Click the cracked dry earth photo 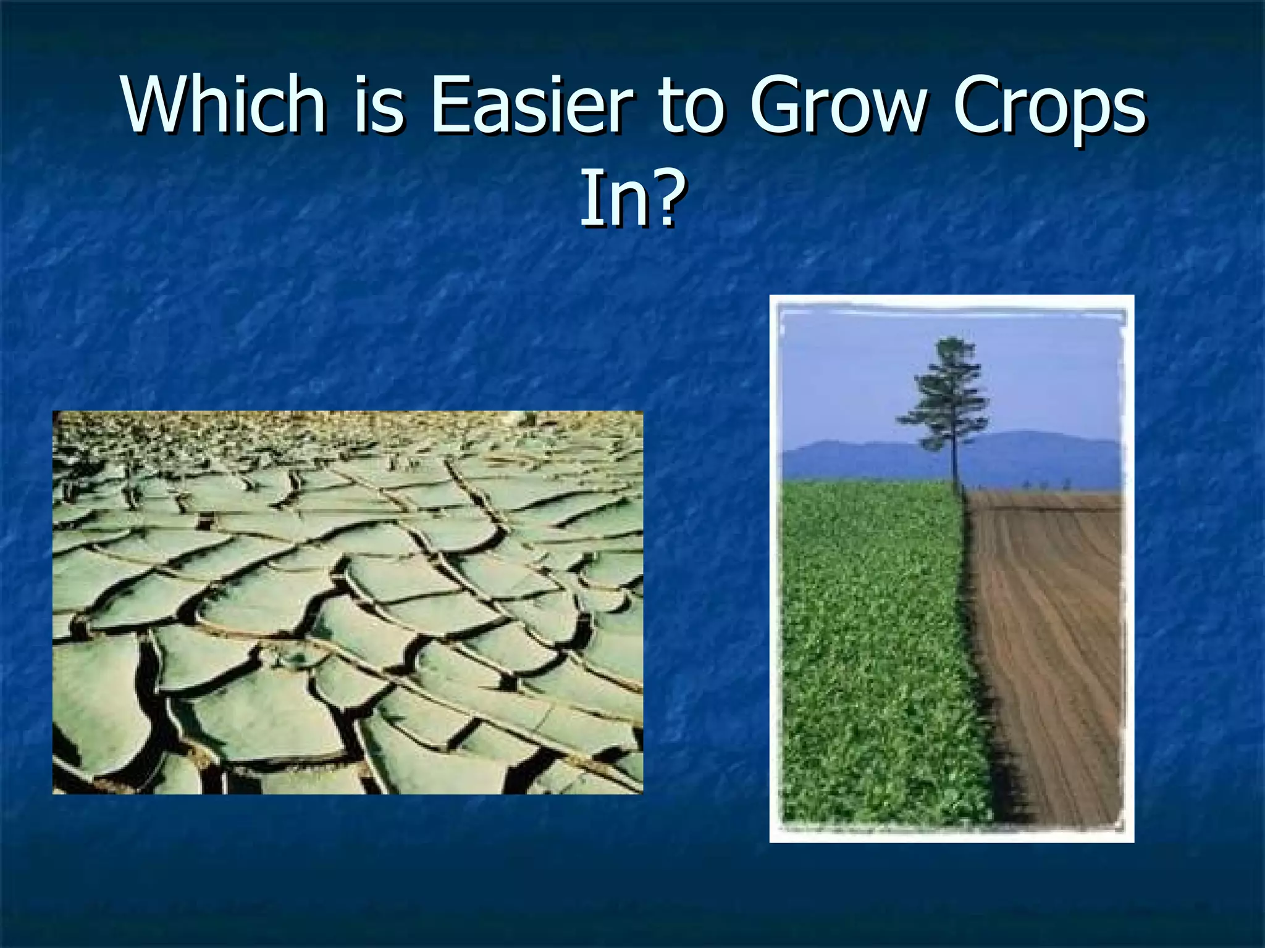pyautogui.click(x=347, y=602)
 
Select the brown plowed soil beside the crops pyautogui.click(x=1056, y=648)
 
